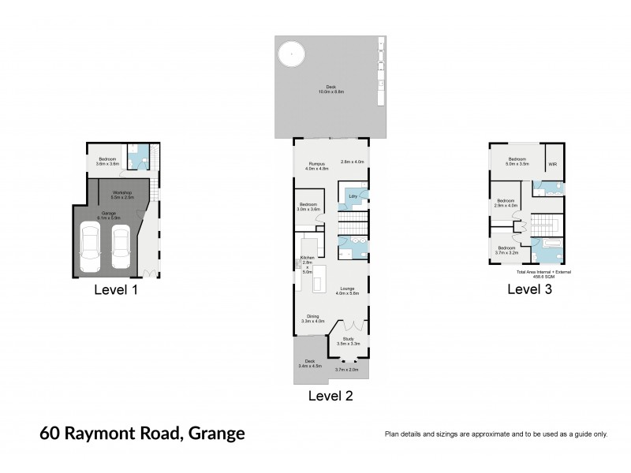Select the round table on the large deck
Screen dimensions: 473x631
point(290,54)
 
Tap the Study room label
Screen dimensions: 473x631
point(348,339)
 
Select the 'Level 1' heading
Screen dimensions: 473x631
point(116,289)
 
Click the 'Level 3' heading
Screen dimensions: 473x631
point(528,289)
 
